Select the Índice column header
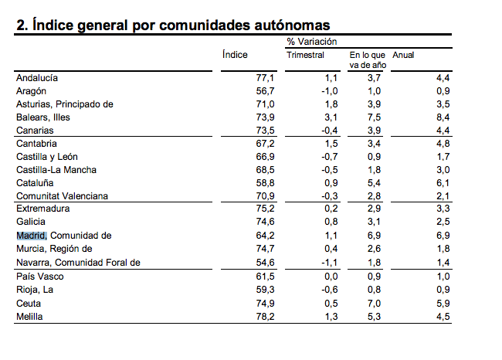(235, 54)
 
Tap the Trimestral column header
(305, 55)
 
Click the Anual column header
(403, 55)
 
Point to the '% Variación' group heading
(312, 41)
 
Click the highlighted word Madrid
(32, 236)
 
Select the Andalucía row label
(37, 78)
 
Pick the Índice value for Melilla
(265, 317)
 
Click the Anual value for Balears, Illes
(443, 117)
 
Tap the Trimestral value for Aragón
(330, 91)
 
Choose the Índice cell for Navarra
(265, 263)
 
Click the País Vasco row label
(40, 276)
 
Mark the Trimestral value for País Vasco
(331, 276)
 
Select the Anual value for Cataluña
(443, 183)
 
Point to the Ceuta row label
(29, 304)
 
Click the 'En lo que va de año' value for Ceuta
(374, 304)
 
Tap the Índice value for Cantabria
(265, 144)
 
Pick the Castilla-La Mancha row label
(56, 170)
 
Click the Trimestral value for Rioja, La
(330, 290)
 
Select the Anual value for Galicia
(443, 222)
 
